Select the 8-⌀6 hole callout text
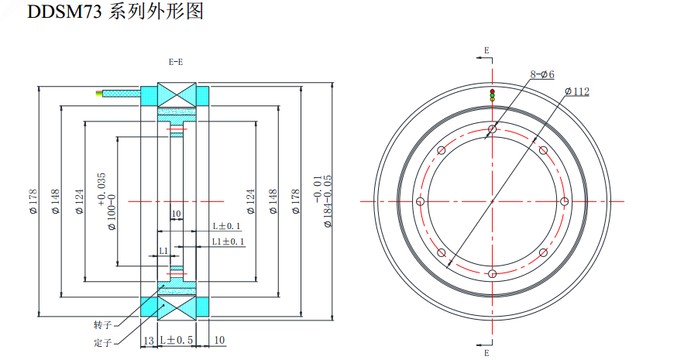(541, 74)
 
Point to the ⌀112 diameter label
(577, 91)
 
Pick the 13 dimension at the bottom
(147, 341)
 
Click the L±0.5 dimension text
(176, 341)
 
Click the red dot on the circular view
(492, 91)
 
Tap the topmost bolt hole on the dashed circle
(492, 129)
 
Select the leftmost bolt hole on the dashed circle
(419, 201)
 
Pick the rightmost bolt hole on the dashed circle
(565, 201)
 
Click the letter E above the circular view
(486, 50)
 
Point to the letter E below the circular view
(486, 352)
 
